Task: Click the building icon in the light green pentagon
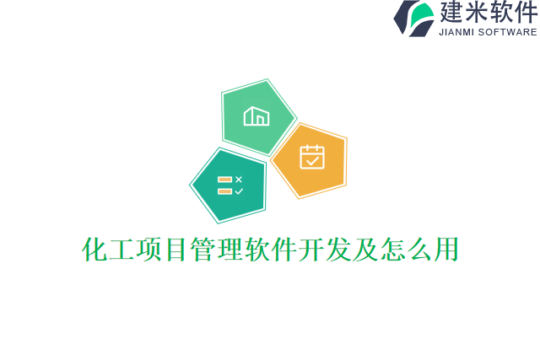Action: (x=256, y=116)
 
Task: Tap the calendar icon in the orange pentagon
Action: (x=311, y=158)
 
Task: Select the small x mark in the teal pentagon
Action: (x=239, y=179)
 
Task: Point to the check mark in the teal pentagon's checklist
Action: (x=239, y=191)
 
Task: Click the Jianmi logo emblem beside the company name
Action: (x=414, y=18)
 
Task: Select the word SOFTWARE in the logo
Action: (x=508, y=33)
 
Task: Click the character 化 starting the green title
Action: (x=95, y=250)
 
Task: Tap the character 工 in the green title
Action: (x=122, y=250)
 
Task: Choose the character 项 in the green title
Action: (x=149, y=250)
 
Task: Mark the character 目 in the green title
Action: (x=176, y=250)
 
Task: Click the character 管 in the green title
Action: (x=203, y=250)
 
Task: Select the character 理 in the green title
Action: (x=230, y=250)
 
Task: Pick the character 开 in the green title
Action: (x=311, y=250)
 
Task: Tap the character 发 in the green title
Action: (x=338, y=250)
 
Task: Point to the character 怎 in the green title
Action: (x=392, y=250)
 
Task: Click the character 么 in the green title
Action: (x=419, y=250)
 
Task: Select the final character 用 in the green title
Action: (x=446, y=250)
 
